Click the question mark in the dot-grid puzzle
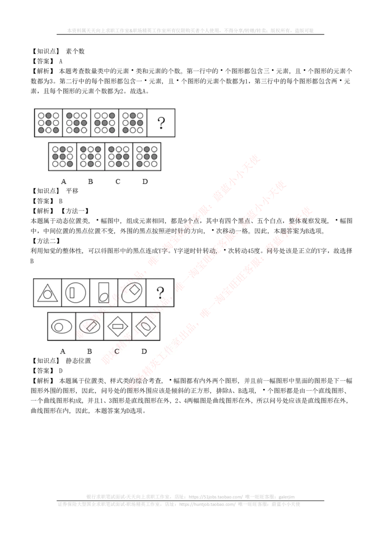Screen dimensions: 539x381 coord(161,123)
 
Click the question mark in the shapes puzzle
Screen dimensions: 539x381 coord(160,292)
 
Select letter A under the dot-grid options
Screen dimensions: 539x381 coord(63,182)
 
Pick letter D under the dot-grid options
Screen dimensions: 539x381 coord(145,182)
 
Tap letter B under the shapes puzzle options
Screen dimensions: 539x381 coord(89,352)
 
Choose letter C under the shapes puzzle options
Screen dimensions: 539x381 coord(117,352)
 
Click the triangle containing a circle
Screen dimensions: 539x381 coord(47,293)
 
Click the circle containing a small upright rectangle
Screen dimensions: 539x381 coord(76,292)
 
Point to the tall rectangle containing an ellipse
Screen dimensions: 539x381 coord(103,292)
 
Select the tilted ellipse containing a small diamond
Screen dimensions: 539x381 coord(132,292)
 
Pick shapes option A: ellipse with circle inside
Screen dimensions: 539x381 coord(61,326)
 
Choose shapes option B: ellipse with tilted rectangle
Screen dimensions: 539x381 coord(90,326)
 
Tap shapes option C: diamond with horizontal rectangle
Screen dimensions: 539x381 coord(118,326)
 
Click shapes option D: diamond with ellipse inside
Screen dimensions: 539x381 coord(145,326)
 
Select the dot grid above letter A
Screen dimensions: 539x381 coord(62,156)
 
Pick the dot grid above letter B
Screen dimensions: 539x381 coord(90,156)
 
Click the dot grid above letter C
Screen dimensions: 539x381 coord(119,156)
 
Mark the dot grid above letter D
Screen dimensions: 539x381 coord(147,156)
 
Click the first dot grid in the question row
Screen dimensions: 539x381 coord(49,122)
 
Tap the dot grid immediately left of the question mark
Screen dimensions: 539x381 coord(133,122)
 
